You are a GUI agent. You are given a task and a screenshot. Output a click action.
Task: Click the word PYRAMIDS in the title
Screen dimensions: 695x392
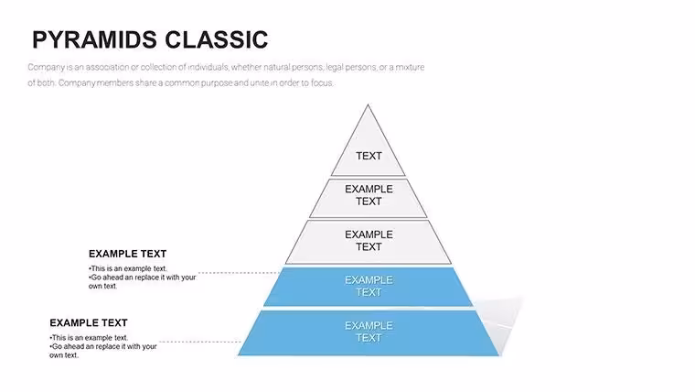click(95, 39)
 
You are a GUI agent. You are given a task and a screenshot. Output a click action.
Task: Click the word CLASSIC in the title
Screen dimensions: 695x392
click(217, 39)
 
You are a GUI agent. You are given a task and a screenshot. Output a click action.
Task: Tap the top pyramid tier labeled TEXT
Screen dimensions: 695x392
click(368, 147)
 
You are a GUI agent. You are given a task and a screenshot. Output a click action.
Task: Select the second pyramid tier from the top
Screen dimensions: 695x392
click(369, 198)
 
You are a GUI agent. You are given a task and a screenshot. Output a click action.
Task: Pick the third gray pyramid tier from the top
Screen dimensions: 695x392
click(369, 242)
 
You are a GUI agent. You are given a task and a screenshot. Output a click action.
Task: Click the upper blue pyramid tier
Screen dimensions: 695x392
click(369, 287)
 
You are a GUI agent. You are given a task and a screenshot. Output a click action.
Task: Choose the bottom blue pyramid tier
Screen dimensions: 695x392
click(369, 333)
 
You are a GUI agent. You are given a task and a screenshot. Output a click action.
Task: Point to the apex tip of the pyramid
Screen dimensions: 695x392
click(368, 105)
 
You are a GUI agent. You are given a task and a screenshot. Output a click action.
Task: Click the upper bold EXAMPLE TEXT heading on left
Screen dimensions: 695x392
click(128, 254)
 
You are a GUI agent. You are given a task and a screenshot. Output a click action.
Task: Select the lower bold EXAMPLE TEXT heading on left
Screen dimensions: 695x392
click(89, 322)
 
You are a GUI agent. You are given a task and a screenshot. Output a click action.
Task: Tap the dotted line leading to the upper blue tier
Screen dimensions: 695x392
click(240, 273)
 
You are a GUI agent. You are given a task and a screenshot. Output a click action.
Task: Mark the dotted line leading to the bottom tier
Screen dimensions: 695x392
click(200, 342)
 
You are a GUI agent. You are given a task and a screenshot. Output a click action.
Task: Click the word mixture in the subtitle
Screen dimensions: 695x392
click(410, 67)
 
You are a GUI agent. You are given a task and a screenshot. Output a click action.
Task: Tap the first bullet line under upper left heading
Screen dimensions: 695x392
click(128, 268)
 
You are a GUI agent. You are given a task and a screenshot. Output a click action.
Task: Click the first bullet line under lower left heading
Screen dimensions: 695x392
click(89, 337)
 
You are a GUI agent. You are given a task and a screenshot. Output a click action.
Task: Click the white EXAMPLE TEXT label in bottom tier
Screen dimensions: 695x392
click(369, 332)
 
